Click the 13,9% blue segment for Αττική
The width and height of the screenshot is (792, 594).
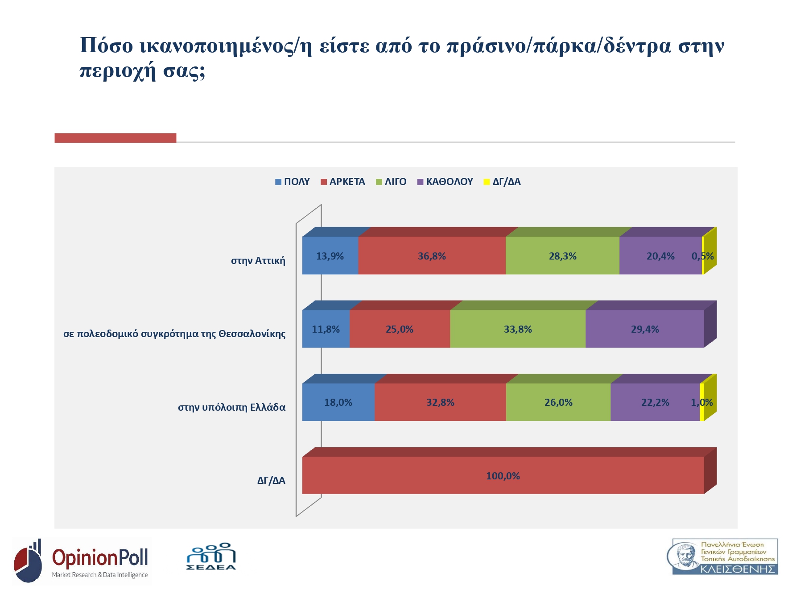pos(330,256)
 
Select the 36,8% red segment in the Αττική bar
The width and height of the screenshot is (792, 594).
pos(432,256)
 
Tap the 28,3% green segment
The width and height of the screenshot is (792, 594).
pos(562,256)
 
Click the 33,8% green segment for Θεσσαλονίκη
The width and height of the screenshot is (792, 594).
pos(518,329)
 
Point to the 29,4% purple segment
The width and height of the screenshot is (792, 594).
pos(645,329)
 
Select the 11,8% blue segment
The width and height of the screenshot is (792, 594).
pos(326,329)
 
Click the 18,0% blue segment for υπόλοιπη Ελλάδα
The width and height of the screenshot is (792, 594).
pos(338,402)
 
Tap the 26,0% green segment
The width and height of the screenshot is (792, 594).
pos(558,402)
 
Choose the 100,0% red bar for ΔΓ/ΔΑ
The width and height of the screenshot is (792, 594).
pos(503,476)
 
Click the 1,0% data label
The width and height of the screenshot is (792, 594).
pos(702,402)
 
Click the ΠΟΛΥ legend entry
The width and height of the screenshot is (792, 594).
pos(297,182)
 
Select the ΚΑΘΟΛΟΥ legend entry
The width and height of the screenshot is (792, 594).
pos(449,182)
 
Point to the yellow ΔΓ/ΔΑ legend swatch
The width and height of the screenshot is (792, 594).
pos(487,182)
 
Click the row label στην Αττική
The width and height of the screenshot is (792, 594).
pos(258,260)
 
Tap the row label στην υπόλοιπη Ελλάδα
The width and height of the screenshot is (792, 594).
pos(231,407)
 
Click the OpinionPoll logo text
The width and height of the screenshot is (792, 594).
pos(100,558)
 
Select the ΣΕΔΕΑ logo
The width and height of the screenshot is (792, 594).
pos(211,557)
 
